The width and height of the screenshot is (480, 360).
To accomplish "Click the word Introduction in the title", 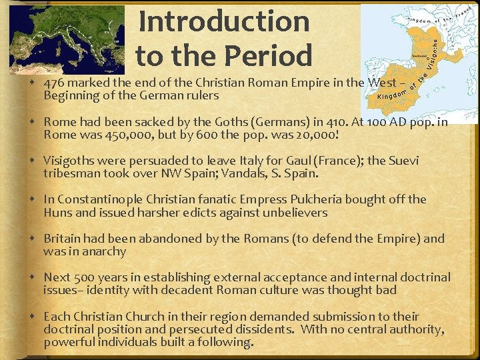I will pos(224,21).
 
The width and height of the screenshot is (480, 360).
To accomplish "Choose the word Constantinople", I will pos(98,199).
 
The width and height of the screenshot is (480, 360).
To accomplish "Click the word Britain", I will pos(62,239).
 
